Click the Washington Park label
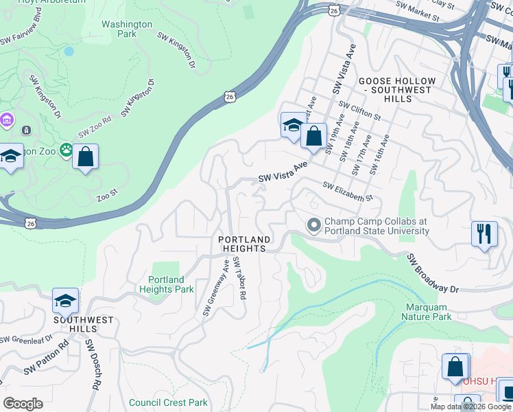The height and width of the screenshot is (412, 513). [127, 29]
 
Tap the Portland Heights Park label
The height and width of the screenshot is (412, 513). [167, 284]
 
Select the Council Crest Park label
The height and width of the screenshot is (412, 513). [168, 402]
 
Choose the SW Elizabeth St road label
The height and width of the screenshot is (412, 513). [347, 192]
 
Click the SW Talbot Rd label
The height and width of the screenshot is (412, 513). [239, 278]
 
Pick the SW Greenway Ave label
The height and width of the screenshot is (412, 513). [216, 287]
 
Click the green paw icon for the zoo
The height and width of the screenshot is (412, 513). [67, 150]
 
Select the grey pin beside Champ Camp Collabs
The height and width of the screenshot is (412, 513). [314, 225]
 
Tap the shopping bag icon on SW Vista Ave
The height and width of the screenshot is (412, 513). [313, 136]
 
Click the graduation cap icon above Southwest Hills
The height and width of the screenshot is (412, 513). [65, 301]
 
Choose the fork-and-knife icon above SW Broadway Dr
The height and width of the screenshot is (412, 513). [484, 233]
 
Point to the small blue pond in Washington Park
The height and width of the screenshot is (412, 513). [69, 51]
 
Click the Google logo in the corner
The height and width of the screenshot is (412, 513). [23, 404]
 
